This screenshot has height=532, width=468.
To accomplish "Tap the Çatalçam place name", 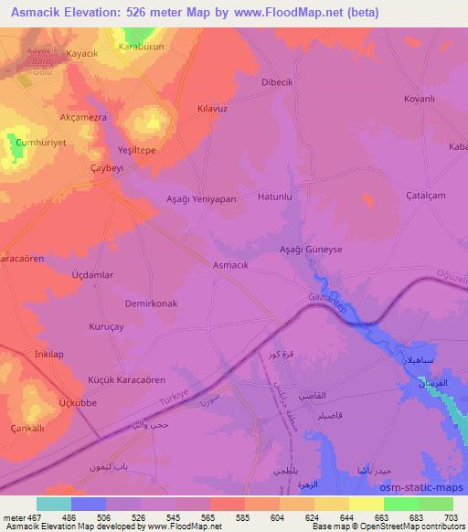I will point(426,196).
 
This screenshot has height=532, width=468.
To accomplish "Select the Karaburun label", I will point(141,43).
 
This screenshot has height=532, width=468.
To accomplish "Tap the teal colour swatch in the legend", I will point(55,504).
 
